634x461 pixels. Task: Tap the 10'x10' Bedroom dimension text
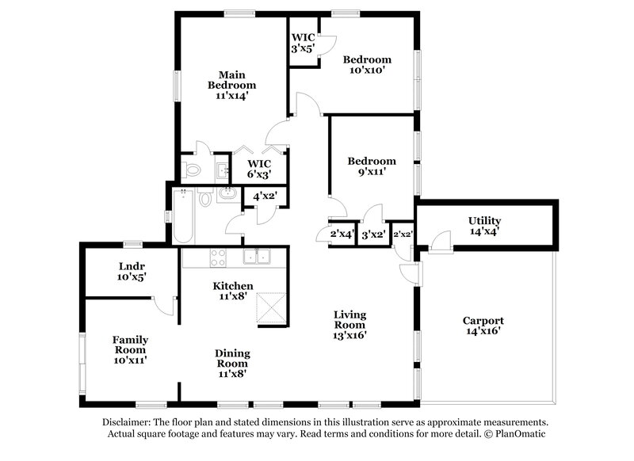(x=366, y=70)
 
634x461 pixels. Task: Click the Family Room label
(x=130, y=345)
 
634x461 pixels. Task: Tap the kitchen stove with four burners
(x=216, y=257)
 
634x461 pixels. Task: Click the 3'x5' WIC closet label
(x=304, y=43)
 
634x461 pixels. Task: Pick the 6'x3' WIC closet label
(x=259, y=169)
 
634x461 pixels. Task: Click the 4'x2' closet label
(x=265, y=196)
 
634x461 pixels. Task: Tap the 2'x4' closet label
(x=341, y=234)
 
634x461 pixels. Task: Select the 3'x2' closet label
(x=372, y=234)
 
